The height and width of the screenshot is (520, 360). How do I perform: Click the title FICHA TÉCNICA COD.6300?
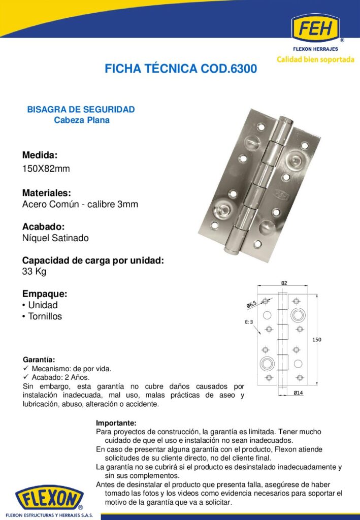[x=181, y=69]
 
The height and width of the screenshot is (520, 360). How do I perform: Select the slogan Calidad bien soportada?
[x=315, y=59]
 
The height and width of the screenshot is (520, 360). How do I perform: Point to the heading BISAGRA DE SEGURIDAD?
[x=81, y=109]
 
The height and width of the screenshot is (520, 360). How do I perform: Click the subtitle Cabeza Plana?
[x=82, y=120]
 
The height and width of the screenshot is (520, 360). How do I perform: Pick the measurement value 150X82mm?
[x=46, y=169]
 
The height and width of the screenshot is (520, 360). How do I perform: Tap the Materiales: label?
[x=46, y=193]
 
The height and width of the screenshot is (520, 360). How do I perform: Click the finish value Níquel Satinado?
[x=55, y=238]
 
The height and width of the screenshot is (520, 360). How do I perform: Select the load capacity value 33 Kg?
[x=34, y=272]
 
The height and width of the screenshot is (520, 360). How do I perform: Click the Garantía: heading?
[x=39, y=360]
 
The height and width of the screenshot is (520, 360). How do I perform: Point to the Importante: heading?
[x=116, y=423]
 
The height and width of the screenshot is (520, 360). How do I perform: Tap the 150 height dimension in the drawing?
[x=316, y=340]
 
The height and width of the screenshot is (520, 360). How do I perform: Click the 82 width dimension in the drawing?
[x=284, y=284]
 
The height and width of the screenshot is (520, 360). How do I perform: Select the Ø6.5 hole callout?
[x=251, y=305]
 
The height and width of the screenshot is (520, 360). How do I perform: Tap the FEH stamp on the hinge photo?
[x=280, y=193]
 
